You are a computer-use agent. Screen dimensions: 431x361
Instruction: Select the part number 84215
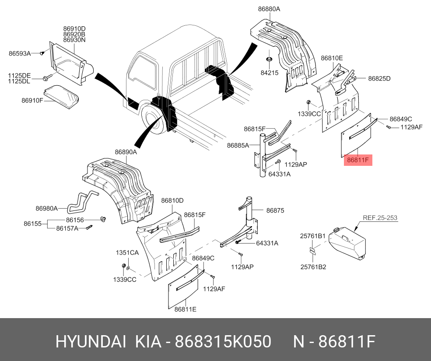click(269, 73)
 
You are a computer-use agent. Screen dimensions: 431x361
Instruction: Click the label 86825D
click(379, 79)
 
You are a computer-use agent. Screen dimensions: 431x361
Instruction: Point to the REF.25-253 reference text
click(380, 217)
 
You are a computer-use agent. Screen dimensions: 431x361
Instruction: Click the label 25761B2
click(312, 267)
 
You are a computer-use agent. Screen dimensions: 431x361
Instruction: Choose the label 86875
click(275, 210)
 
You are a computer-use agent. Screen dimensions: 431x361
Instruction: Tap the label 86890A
click(126, 152)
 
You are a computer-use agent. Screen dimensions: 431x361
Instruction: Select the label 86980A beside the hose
click(47, 208)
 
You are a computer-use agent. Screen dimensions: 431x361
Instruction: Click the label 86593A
click(20, 53)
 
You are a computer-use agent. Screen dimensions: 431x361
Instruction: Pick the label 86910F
click(32, 100)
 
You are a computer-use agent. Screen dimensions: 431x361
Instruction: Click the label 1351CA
click(127, 253)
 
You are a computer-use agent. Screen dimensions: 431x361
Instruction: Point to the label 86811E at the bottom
click(185, 309)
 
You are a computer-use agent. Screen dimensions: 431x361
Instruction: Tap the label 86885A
click(238, 145)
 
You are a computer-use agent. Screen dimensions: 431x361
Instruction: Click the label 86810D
click(172, 200)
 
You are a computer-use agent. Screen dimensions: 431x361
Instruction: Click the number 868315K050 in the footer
click(223, 342)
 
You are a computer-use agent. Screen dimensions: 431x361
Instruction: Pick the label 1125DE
click(19, 75)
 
